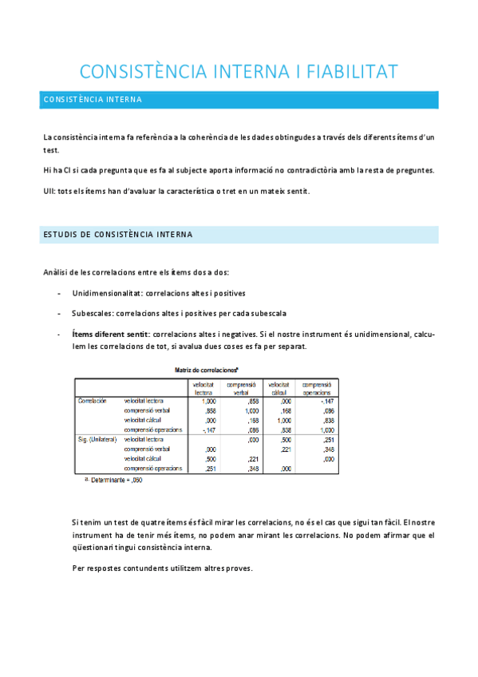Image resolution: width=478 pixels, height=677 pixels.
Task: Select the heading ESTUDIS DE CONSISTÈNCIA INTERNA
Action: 117,235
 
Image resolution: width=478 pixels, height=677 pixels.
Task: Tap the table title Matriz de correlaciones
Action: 207,370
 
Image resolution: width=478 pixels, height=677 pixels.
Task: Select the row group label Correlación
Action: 93,400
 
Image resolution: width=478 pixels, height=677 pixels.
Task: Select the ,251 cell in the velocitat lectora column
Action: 206,468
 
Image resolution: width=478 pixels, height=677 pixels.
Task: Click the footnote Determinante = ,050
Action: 117,480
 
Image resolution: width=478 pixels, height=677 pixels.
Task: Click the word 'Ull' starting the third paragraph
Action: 49,191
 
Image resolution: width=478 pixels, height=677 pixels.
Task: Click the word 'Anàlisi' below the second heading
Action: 57,272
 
